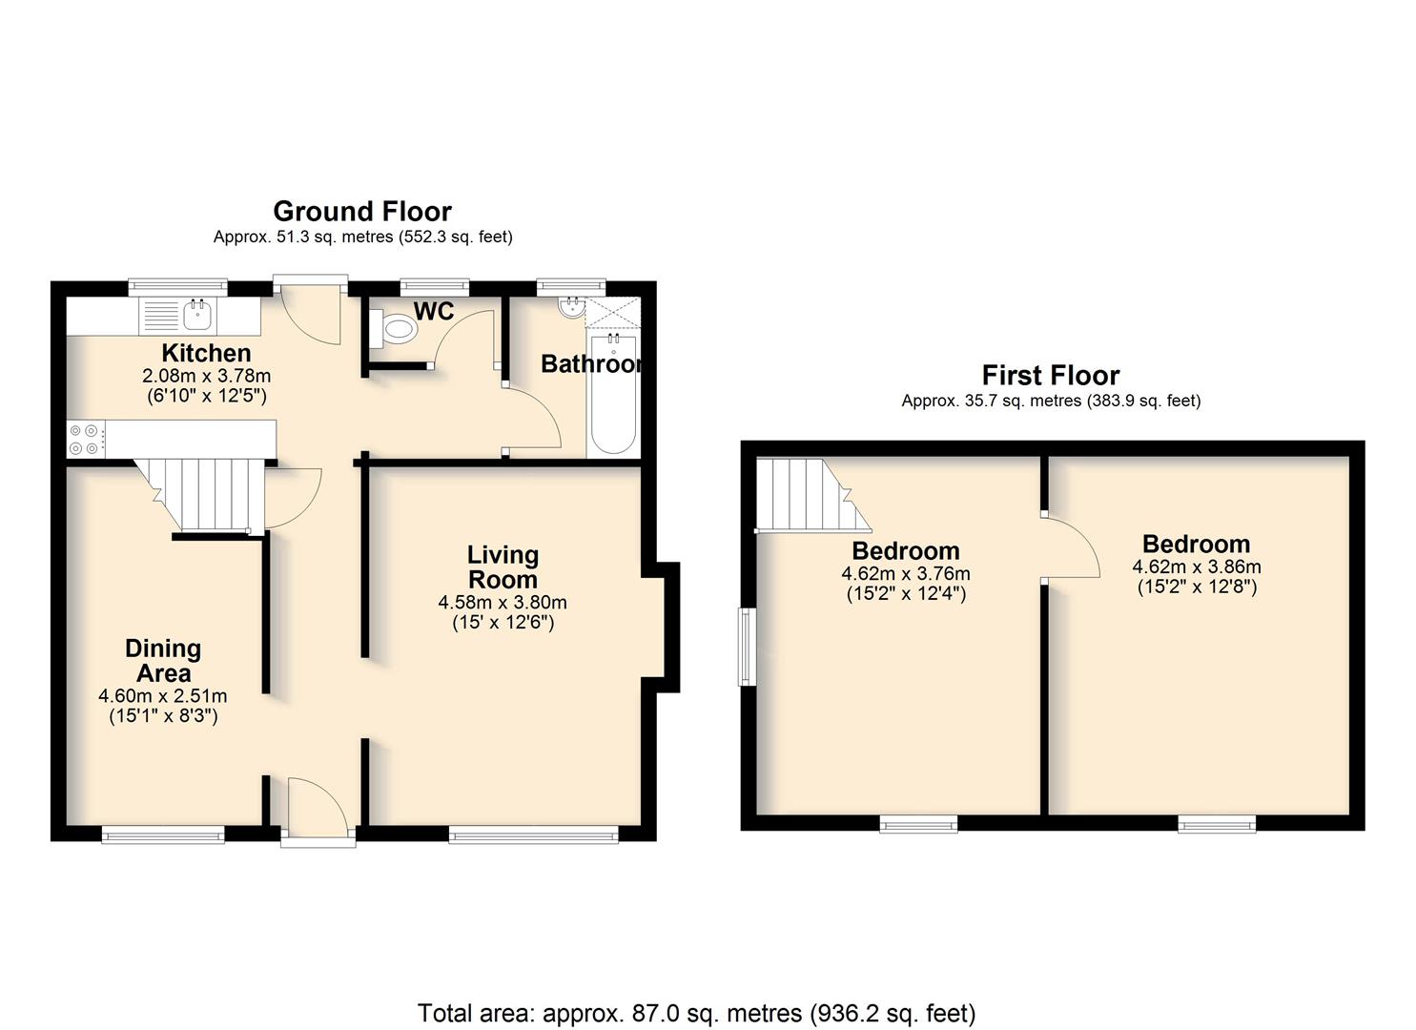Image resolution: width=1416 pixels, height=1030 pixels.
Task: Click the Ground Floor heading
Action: point(362,211)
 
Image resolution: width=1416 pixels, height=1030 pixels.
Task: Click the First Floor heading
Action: point(1051,376)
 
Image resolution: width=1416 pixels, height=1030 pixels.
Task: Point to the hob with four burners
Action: point(85,440)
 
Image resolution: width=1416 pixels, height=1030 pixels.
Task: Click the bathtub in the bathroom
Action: point(614,395)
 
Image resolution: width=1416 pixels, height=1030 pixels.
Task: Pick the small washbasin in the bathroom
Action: point(572,309)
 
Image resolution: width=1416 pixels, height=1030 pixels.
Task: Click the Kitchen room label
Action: point(206,353)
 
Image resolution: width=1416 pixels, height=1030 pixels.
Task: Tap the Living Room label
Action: point(503,567)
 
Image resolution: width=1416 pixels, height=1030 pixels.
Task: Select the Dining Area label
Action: point(163,661)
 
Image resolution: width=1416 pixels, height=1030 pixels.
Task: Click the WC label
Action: point(434,311)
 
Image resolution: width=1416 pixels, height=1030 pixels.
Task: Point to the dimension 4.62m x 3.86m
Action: point(1197,566)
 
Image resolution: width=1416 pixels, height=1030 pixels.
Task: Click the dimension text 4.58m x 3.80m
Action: point(503,602)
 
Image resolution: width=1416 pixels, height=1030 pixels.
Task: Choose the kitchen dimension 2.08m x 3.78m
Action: point(206,376)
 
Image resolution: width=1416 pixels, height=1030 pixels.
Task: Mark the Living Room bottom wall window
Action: point(534,835)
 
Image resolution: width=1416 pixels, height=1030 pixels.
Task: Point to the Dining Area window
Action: point(163,835)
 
